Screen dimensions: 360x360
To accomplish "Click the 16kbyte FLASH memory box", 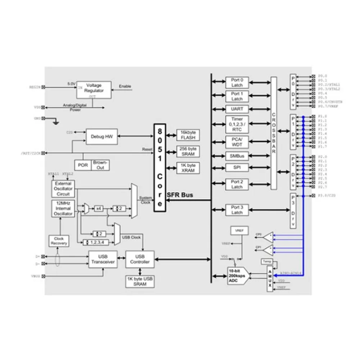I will pyautogui.click(x=188, y=135).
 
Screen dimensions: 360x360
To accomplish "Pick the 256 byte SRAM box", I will pyautogui.click(x=188, y=151).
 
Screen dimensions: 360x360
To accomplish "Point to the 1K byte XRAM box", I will pyautogui.click(x=188, y=167).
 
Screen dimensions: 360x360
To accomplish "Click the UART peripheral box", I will pyautogui.click(x=237, y=109).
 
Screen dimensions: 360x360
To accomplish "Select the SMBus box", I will pyautogui.click(x=237, y=156).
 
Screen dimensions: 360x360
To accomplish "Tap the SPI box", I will pyautogui.click(x=237, y=168).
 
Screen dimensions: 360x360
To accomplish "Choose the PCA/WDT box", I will pyautogui.click(x=237, y=142).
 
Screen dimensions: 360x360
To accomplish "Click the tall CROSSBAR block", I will pyautogui.click(x=274, y=133).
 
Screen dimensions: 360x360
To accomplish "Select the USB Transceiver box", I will pyautogui.click(x=103, y=259).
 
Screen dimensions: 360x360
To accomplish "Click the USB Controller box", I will pyautogui.click(x=140, y=259).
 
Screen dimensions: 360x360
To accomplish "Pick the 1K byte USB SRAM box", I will pyautogui.click(x=140, y=282).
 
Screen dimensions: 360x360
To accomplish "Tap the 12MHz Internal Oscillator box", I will pyautogui.click(x=63, y=208).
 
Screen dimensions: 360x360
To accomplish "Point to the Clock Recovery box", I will pyautogui.click(x=59, y=241).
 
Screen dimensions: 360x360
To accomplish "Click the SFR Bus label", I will pyautogui.click(x=180, y=195).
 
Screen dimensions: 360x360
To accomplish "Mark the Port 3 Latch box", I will pyautogui.click(x=237, y=210).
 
